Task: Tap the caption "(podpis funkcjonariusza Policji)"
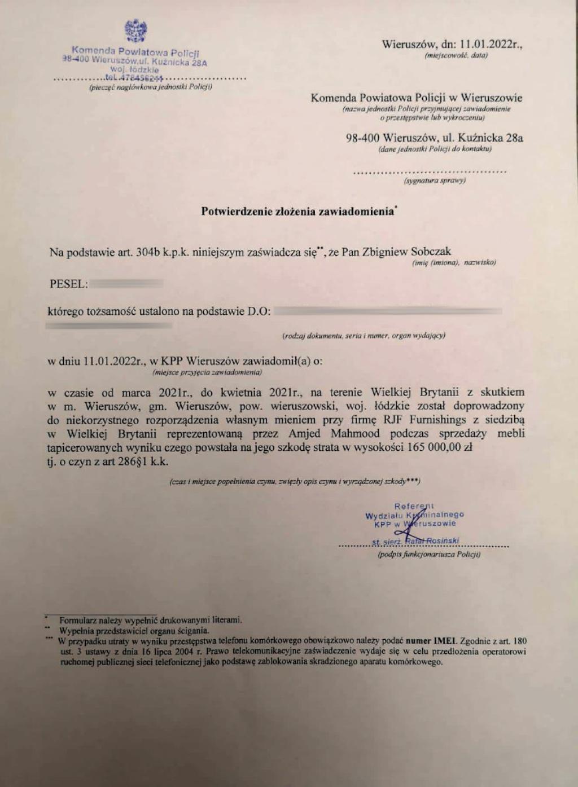pyautogui.click(x=429, y=555)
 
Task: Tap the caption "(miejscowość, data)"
pyautogui.click(x=456, y=55)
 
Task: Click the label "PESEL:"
pyautogui.click(x=69, y=284)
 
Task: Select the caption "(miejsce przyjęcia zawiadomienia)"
pyautogui.click(x=207, y=372)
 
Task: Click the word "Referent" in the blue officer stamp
pyautogui.click(x=414, y=506)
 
